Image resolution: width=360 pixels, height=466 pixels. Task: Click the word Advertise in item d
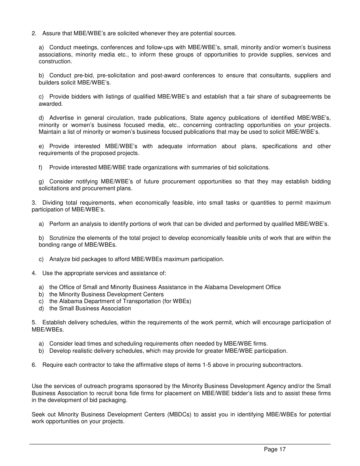point(61,118)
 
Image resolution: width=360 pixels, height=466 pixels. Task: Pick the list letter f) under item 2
point(41,167)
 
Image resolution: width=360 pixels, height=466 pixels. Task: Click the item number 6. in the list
point(34,365)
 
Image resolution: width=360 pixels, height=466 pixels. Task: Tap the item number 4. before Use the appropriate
point(34,273)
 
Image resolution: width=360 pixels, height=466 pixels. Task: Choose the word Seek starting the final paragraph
point(38,414)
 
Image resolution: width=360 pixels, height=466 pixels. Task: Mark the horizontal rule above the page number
point(180,444)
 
